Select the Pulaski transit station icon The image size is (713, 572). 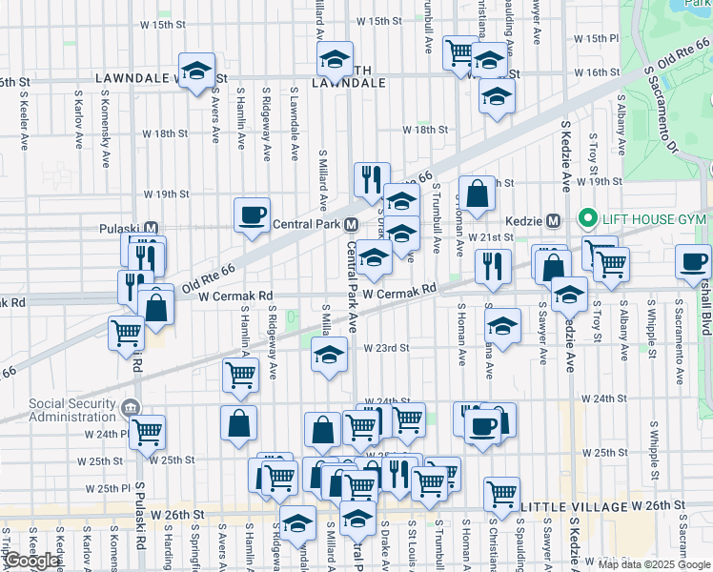[151, 229]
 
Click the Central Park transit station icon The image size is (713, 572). [351, 225]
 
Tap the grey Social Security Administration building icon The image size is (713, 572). [132, 410]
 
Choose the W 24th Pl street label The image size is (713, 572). [106, 434]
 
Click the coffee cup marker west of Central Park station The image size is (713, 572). [252, 214]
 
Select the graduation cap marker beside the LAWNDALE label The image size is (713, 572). [197, 71]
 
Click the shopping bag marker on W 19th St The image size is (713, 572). [478, 194]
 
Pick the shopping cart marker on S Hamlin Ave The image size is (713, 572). [240, 375]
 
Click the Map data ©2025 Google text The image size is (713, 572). [654, 564]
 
